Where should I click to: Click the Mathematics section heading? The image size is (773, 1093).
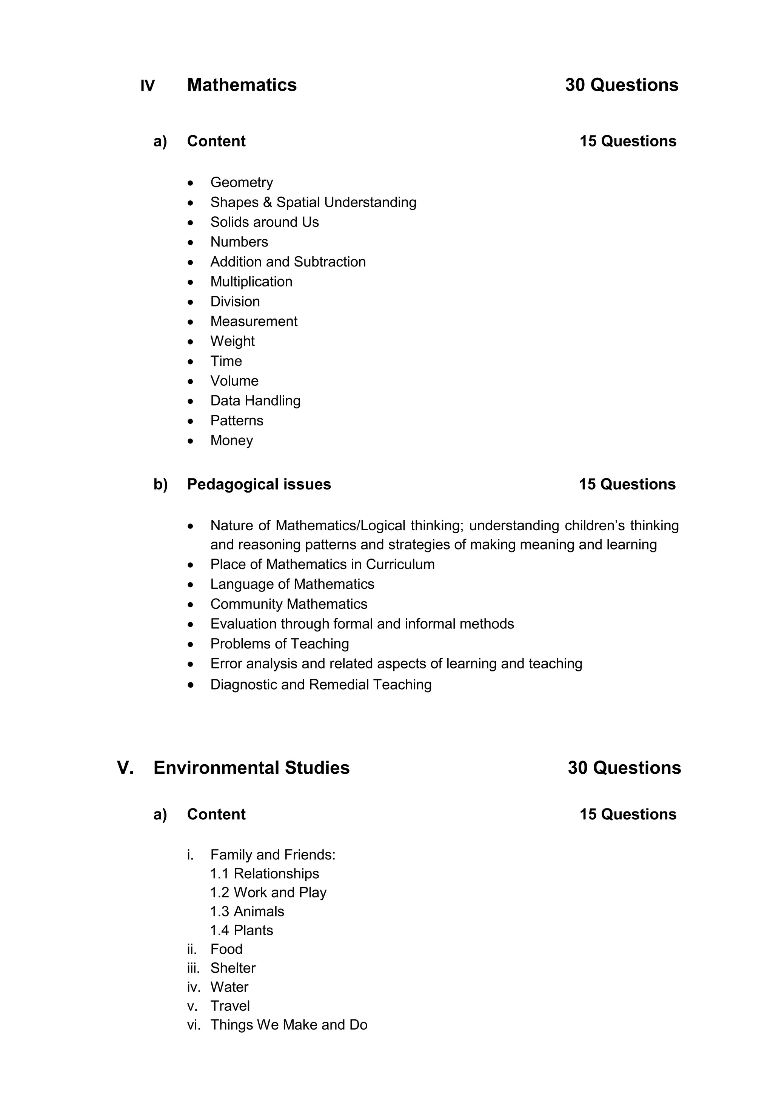click(242, 85)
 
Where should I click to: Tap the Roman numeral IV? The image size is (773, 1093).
click(147, 86)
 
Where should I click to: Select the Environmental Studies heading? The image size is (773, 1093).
click(251, 768)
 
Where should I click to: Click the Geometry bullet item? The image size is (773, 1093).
click(241, 182)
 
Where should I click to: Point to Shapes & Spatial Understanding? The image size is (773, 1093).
click(313, 202)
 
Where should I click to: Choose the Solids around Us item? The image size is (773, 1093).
click(264, 222)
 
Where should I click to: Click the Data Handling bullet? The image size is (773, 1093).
click(255, 401)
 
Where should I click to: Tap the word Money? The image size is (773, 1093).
click(231, 440)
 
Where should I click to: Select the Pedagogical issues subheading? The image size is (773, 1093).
click(259, 484)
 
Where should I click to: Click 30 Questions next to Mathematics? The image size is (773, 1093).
click(621, 85)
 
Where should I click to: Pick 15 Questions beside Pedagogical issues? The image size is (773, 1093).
click(627, 484)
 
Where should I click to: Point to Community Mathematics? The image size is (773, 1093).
click(288, 604)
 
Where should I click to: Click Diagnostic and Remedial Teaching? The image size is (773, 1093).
click(321, 685)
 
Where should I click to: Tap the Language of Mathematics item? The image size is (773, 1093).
click(292, 584)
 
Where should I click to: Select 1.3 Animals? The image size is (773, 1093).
click(247, 911)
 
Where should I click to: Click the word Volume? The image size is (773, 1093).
click(234, 381)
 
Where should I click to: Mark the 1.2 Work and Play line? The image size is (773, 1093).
click(268, 892)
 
